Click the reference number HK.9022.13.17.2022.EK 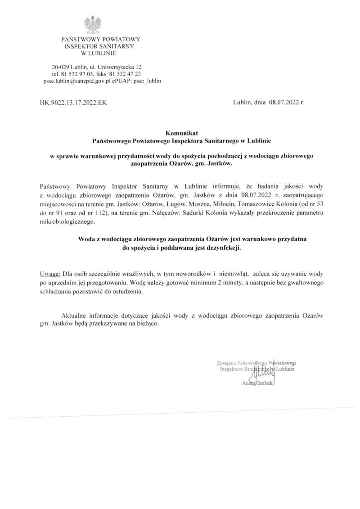point(74,103)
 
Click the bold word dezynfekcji point(223,248)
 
